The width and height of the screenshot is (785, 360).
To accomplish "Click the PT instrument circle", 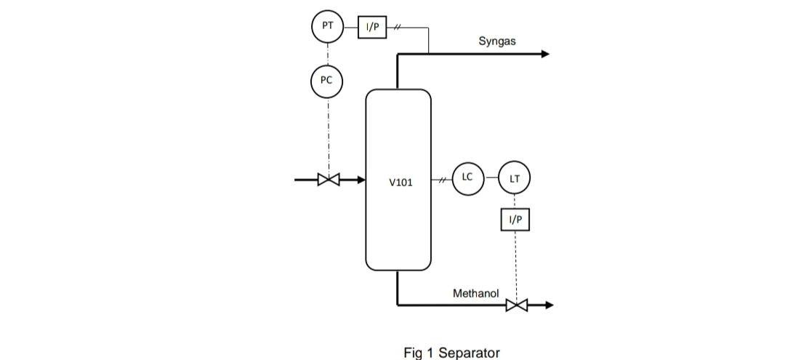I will (x=327, y=27).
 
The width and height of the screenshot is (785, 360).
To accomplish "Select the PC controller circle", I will (x=327, y=81).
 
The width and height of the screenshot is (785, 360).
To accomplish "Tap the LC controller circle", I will (x=467, y=178).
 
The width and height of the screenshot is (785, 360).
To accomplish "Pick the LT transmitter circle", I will (x=514, y=178).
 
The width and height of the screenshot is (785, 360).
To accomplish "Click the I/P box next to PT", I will (x=372, y=27).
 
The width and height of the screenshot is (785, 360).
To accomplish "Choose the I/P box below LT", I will (x=515, y=219).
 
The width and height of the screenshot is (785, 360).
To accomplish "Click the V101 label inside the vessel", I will (x=400, y=183).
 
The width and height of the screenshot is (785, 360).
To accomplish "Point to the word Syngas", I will (x=497, y=41).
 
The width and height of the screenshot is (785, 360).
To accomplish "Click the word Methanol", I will (x=475, y=294).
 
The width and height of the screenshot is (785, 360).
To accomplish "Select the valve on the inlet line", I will (x=329, y=179).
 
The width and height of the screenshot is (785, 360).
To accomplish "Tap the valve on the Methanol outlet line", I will (x=516, y=305).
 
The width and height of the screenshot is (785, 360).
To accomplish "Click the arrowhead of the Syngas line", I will (x=545, y=54).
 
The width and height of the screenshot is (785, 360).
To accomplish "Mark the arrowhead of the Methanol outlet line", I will (x=549, y=305).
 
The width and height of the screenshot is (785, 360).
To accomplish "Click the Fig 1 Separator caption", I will (x=451, y=353).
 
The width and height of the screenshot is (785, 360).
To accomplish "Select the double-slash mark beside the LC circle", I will (x=439, y=178).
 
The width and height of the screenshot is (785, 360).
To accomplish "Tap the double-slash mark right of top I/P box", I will (x=398, y=27).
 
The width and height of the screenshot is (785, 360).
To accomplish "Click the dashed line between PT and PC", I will (x=327, y=54).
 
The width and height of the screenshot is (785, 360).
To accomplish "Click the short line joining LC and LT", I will (x=491, y=178).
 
